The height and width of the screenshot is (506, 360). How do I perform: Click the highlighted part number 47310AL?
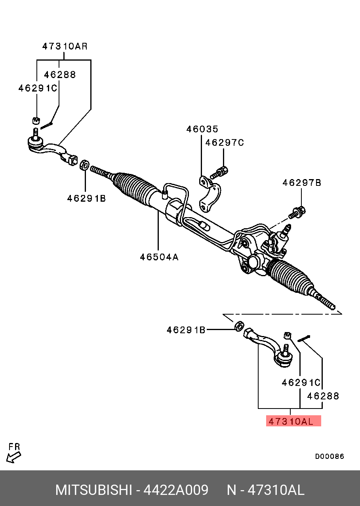click(293, 421)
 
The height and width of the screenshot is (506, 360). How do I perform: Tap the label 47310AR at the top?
click(65, 46)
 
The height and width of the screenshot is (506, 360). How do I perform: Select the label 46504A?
click(159, 257)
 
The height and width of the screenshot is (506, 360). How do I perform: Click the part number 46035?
click(202, 129)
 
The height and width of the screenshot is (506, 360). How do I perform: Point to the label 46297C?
click(225, 143)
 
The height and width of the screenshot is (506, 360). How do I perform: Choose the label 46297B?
click(302, 183)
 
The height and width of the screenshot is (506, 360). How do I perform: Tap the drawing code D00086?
click(330, 456)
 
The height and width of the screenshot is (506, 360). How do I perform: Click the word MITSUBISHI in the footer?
click(93, 490)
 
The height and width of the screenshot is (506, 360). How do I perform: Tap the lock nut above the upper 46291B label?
click(84, 165)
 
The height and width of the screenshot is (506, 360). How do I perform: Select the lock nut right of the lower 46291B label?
click(239, 326)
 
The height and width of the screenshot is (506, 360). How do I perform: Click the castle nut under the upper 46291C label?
click(36, 120)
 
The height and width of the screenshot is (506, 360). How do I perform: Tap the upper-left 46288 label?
click(60, 74)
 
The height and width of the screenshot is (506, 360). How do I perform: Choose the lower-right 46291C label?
click(301, 383)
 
